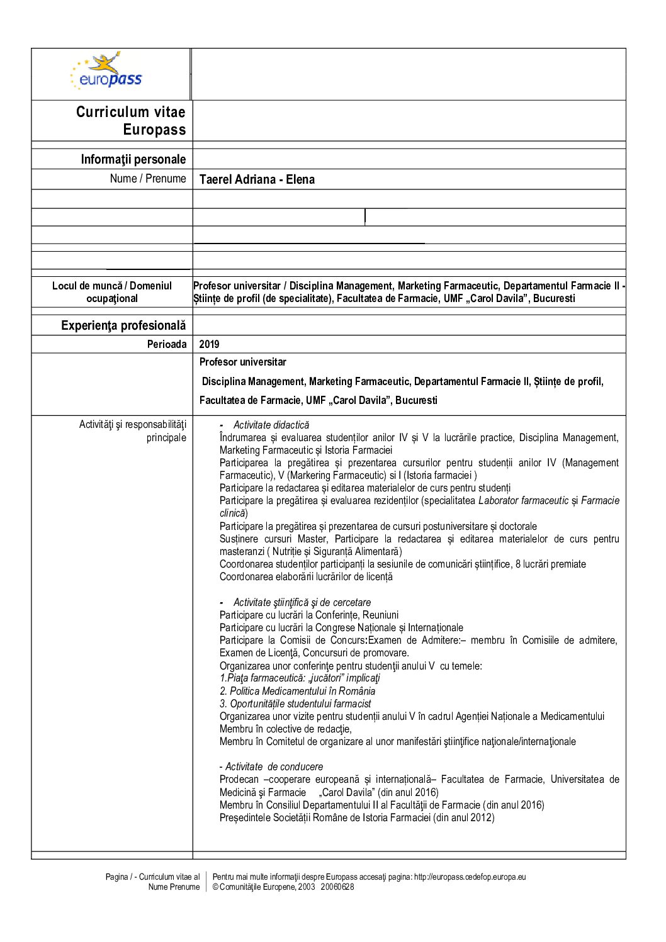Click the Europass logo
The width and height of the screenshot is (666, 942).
coord(107,72)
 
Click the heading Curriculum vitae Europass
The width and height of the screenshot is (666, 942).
coord(131,120)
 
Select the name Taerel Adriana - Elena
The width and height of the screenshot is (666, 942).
coord(257,179)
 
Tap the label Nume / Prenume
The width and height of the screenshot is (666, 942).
coord(148,179)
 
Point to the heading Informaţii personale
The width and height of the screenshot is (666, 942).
coord(133,159)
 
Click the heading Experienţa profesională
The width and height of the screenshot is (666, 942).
coord(123,325)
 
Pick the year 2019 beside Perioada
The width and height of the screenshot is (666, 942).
coord(209,344)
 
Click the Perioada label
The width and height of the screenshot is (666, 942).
coord(167,344)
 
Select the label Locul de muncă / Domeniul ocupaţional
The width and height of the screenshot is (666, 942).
coord(112,292)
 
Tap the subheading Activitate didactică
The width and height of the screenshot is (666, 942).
coord(271,425)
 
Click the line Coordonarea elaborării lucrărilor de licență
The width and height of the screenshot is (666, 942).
coord(306,577)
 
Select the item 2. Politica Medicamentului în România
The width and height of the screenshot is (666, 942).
coord(297,692)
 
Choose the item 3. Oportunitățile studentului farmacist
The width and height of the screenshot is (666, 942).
coord(295,704)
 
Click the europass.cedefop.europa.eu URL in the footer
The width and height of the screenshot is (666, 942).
coord(470,877)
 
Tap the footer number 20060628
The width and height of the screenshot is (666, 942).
coord(337,887)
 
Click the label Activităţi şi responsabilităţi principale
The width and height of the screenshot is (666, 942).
coord(133,431)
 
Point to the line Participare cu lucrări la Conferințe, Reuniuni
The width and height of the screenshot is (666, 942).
coord(308,615)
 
